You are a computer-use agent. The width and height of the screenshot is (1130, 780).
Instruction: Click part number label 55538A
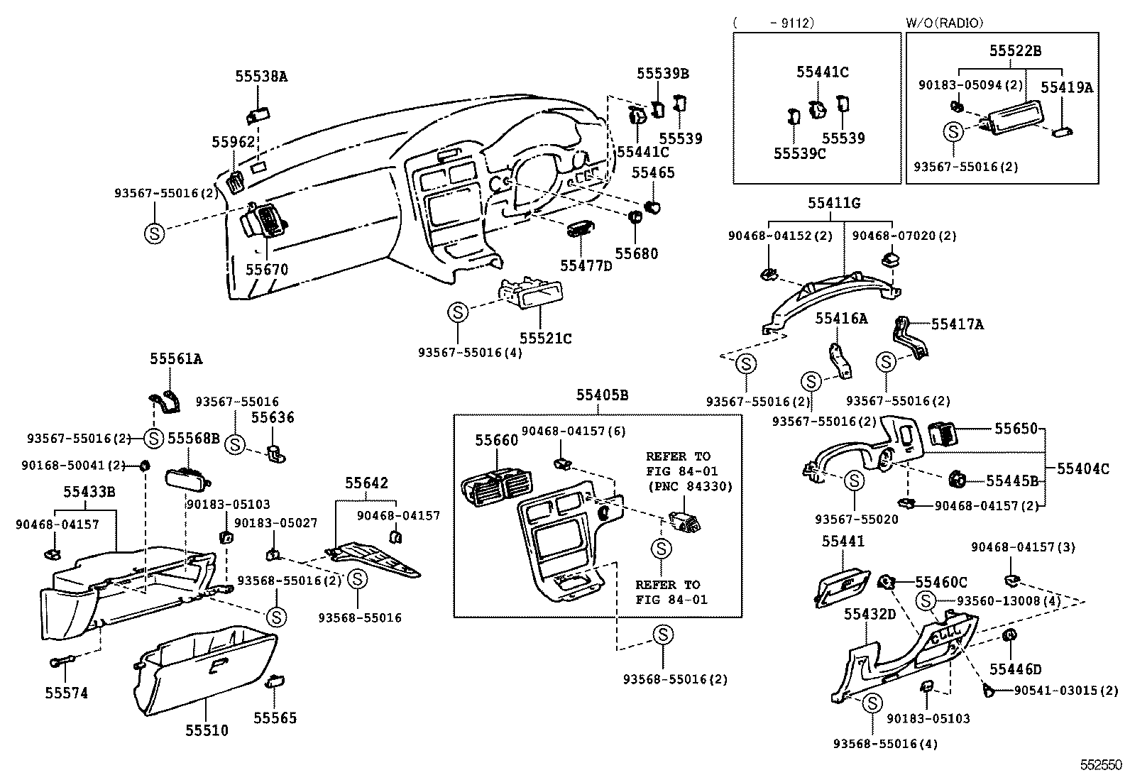click(x=261, y=76)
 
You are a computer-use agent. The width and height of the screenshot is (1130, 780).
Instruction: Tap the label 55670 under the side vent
click(x=267, y=270)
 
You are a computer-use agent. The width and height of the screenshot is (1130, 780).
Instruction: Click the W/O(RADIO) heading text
click(x=945, y=23)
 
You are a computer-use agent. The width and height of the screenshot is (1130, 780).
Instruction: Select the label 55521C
click(x=545, y=339)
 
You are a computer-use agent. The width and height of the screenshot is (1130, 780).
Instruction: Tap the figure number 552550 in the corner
click(x=1102, y=765)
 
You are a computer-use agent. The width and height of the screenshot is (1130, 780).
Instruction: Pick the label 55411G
click(x=833, y=204)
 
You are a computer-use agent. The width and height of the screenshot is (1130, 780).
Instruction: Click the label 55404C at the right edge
click(x=1082, y=469)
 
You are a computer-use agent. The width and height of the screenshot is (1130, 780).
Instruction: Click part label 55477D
click(x=586, y=265)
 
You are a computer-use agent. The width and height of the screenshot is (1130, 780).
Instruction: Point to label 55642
click(x=367, y=483)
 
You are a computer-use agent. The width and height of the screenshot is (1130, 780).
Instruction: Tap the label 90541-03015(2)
click(x=1065, y=691)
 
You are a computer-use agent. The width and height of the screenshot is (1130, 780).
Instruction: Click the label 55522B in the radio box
click(x=1016, y=51)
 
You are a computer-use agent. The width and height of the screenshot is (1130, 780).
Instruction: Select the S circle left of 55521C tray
click(x=458, y=312)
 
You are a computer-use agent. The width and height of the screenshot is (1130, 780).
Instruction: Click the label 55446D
click(x=1016, y=669)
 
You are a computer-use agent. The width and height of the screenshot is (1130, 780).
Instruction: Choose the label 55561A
click(x=175, y=359)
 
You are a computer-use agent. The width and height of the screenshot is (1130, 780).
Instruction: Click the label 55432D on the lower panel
click(x=870, y=614)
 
